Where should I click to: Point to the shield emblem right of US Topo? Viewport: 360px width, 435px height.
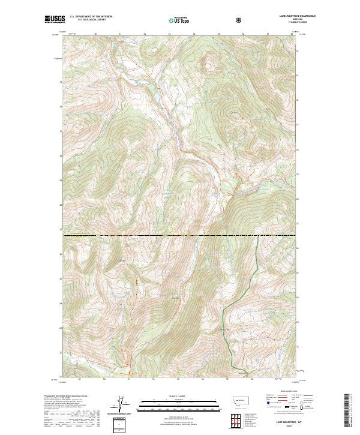pos(240,20)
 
